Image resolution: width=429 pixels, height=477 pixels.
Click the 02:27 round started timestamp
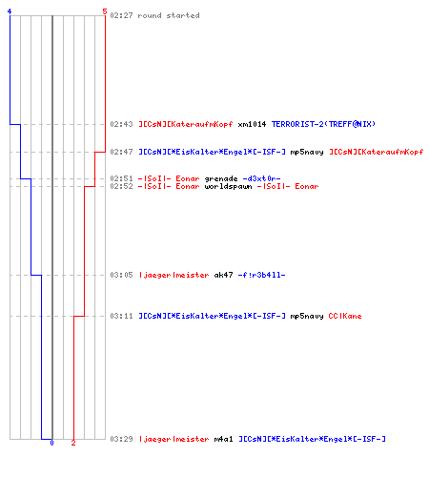coord(121,15)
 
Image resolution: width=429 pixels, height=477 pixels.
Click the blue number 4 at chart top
coord(10,11)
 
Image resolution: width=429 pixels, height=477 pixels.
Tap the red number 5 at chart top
coord(105,11)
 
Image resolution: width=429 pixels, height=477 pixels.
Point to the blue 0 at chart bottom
coord(51,443)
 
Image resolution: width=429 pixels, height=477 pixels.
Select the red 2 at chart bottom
coord(73,443)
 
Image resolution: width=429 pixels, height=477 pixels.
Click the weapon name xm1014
coord(252,124)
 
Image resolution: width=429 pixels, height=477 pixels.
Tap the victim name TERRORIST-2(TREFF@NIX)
coord(323,124)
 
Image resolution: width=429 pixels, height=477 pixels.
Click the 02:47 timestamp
coord(121,152)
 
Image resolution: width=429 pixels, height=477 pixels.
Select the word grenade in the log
coord(221,178)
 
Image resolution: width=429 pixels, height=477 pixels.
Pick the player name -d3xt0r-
coord(261,178)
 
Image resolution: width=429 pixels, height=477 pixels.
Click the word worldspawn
coord(228,186)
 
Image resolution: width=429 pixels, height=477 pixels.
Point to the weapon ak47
coord(223,275)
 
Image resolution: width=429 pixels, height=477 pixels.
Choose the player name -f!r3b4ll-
coord(261,275)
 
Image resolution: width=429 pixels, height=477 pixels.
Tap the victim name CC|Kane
coord(345,316)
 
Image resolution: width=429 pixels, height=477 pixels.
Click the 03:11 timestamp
coord(121,316)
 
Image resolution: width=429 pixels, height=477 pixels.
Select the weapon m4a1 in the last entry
coord(223,439)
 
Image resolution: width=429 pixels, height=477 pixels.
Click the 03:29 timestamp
coord(121,439)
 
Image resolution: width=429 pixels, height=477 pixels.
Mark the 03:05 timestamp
coord(121,275)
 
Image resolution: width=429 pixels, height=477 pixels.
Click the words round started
coord(169,15)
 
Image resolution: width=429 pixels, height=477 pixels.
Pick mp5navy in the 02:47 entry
coord(307,152)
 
